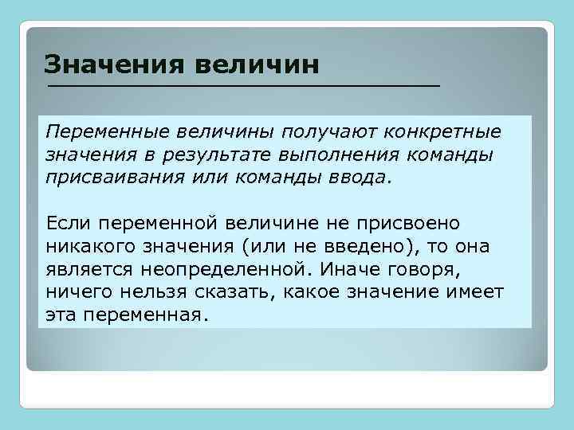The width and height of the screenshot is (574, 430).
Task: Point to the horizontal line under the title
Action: pyautogui.click(x=243, y=84)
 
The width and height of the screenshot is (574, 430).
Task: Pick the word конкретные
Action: pyautogui.click(x=444, y=130)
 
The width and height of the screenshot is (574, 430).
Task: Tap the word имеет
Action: pyautogui.click(x=474, y=292)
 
